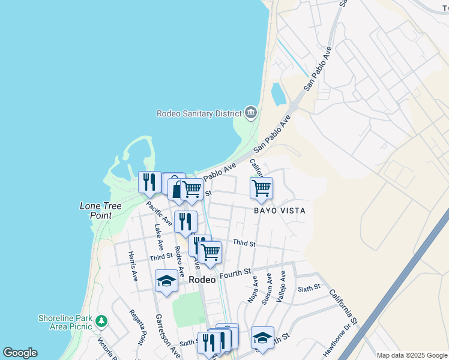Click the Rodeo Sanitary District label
[x=199, y=113]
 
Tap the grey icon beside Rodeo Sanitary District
[x=250, y=112]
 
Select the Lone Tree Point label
[x=101, y=211]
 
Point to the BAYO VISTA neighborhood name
[x=279, y=211]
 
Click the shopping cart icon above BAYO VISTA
[x=261, y=188]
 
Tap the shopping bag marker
[x=175, y=186]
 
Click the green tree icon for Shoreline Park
[x=101, y=322]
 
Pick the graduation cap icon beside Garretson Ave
[x=166, y=281]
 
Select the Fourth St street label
[x=234, y=274]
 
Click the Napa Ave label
[x=253, y=289]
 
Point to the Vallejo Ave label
[x=280, y=288]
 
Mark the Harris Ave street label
[x=133, y=266]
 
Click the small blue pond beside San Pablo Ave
[x=279, y=94]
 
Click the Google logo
[x=20, y=353]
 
